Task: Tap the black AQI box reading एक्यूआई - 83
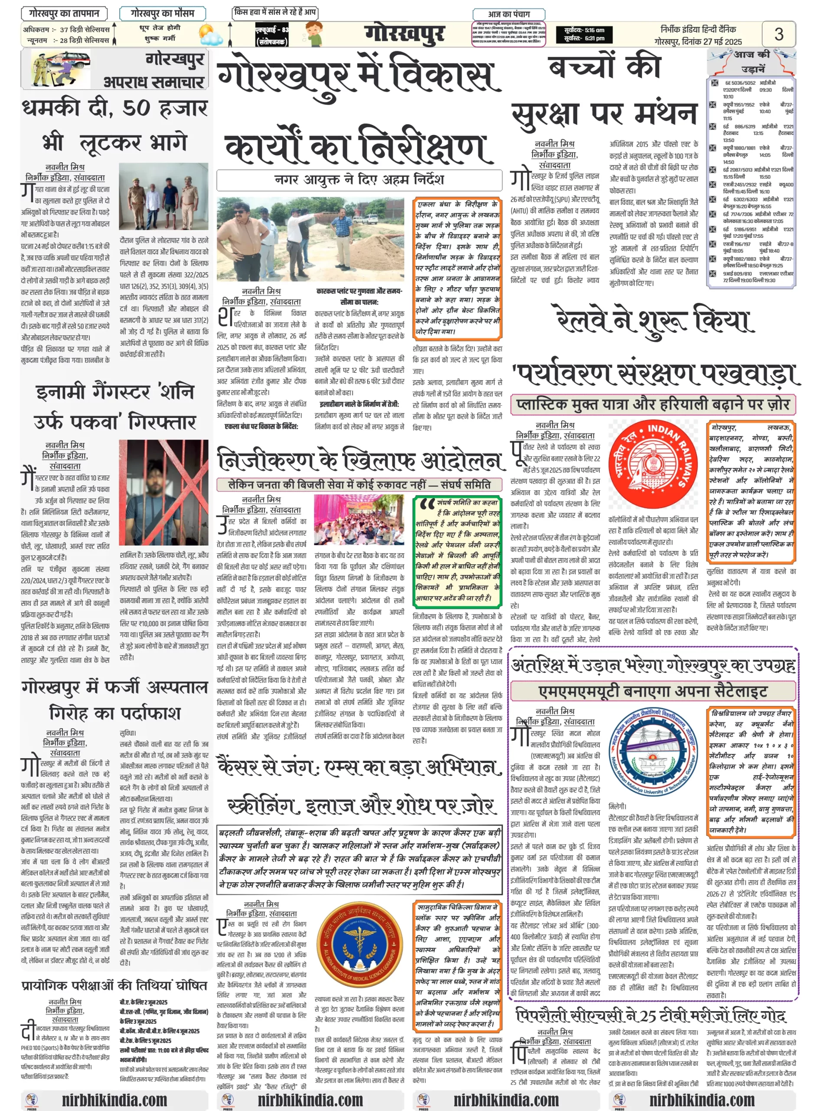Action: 271,35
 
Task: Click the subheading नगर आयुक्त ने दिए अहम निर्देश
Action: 359,180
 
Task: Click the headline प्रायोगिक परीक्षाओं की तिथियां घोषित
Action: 114,985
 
